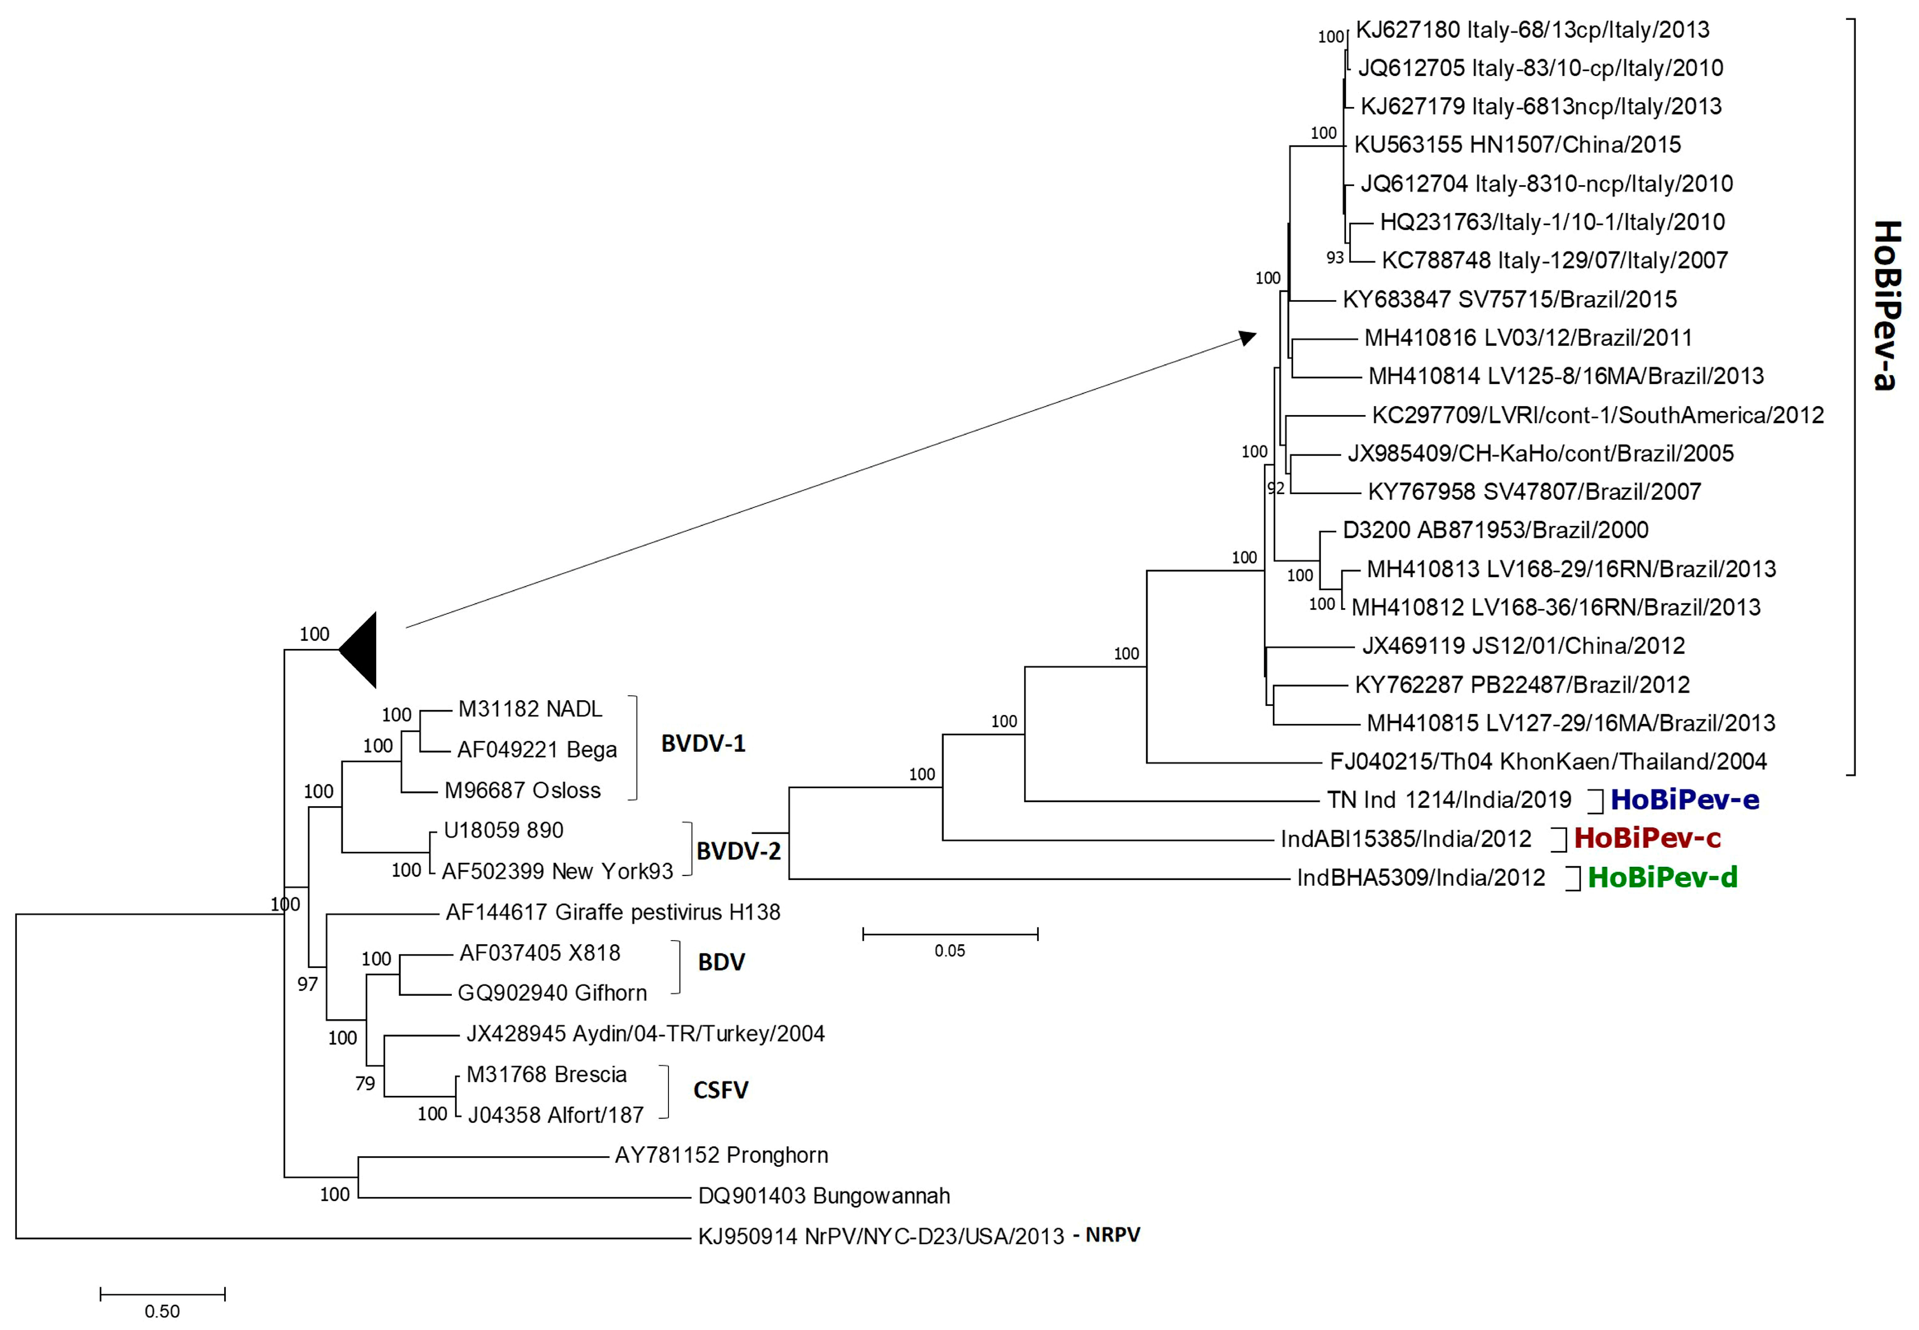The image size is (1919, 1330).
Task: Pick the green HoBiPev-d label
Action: tap(1662, 877)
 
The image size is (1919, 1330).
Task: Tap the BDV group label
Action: tap(721, 963)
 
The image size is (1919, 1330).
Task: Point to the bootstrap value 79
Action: tap(365, 1083)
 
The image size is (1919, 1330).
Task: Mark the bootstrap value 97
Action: tap(308, 984)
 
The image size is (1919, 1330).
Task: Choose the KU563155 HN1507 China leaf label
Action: tap(1517, 145)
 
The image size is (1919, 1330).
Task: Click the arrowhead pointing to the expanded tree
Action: tap(1248, 338)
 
